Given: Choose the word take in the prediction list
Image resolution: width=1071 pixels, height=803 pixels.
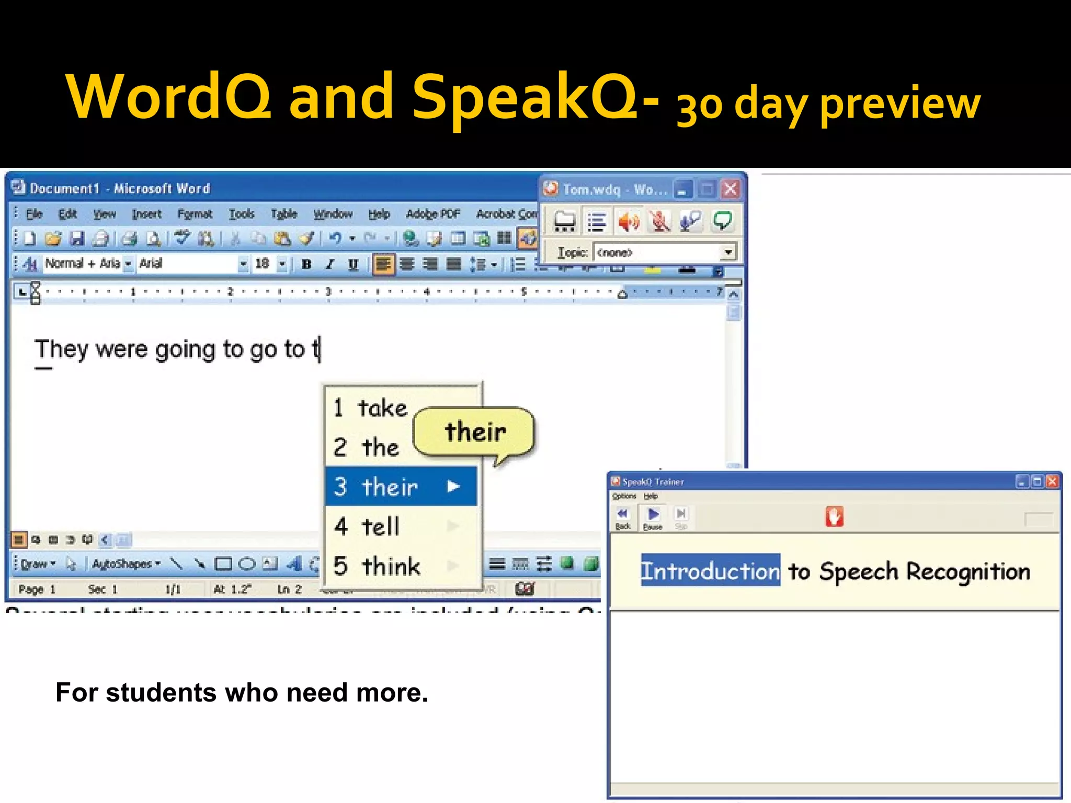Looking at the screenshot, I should click(382, 408).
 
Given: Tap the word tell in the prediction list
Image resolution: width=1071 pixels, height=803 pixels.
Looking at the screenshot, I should click(380, 526).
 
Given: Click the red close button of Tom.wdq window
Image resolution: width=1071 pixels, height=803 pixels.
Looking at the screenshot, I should click(731, 189).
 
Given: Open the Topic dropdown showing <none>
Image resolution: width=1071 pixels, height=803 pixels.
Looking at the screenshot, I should click(727, 253).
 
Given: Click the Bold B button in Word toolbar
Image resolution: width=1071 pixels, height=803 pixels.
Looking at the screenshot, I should click(306, 265).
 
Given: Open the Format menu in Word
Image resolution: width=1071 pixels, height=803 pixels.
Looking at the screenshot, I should click(195, 214).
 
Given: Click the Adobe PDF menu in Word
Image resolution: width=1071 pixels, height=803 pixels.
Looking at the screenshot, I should click(432, 214).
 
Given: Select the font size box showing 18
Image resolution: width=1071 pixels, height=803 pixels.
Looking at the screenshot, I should click(263, 263).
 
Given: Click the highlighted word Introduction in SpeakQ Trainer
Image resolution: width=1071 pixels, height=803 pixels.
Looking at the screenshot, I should click(710, 570).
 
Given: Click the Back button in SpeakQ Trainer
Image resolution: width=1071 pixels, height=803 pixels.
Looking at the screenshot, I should click(622, 518).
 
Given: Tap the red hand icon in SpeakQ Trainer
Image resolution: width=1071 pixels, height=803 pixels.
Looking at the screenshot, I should click(834, 517).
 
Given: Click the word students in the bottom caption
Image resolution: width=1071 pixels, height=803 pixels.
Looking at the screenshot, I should click(161, 693).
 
